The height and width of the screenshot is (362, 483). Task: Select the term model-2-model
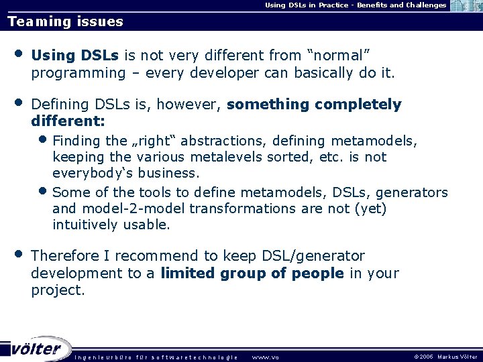127,208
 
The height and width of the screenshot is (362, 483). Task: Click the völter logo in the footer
37,349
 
